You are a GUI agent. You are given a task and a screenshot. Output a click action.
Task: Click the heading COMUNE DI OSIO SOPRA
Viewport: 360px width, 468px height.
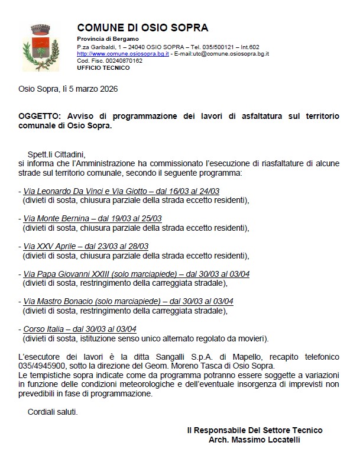click(142, 28)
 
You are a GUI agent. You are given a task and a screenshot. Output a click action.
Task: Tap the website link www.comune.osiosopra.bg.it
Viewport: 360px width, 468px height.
click(123, 53)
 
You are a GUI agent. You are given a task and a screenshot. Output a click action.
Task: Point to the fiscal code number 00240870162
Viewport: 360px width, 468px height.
click(122, 60)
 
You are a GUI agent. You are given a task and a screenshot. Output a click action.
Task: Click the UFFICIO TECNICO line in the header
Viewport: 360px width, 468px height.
click(103, 67)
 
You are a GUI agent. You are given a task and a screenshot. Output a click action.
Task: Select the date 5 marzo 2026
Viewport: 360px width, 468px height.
click(90, 89)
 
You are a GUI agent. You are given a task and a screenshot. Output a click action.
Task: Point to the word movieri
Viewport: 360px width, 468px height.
click(249, 339)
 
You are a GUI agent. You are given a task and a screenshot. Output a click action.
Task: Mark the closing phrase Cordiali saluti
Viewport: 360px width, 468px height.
click(52, 411)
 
